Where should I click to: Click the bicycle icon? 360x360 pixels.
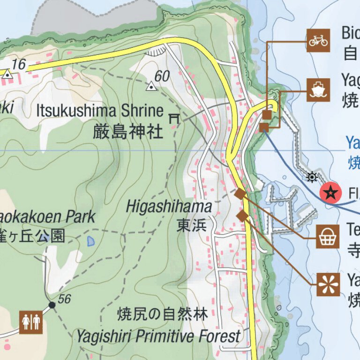tap(318, 41)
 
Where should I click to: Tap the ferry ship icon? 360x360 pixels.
tap(318, 90)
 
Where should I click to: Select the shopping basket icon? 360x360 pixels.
tap(328, 237)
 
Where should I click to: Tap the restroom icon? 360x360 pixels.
tap(31, 322)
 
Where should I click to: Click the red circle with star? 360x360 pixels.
tap(331, 192)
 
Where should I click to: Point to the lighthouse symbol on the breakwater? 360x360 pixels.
tap(312, 177)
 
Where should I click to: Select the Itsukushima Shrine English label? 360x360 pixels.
tap(100, 111)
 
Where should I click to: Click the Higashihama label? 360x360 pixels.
tap(169, 206)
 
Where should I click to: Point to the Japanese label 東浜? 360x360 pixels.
tap(191, 225)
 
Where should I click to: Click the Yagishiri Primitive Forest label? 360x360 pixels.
tap(158, 336)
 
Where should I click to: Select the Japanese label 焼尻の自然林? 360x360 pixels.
tap(162, 314)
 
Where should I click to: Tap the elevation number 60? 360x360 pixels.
tap(162, 76)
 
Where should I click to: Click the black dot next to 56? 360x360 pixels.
tap(52, 305)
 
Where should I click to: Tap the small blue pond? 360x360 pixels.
tap(91, 241)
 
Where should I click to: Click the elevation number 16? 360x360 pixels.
tap(19, 64)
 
